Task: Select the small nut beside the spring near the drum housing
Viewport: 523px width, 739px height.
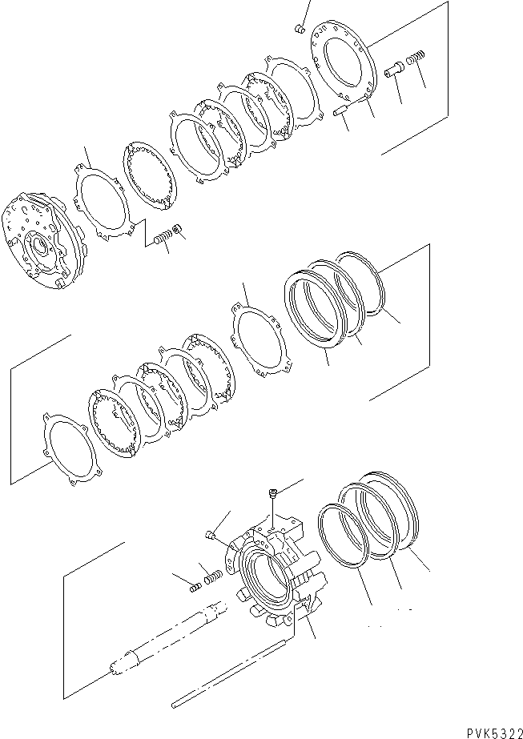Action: click(178, 231)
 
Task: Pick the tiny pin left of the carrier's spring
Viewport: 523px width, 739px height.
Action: click(194, 588)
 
